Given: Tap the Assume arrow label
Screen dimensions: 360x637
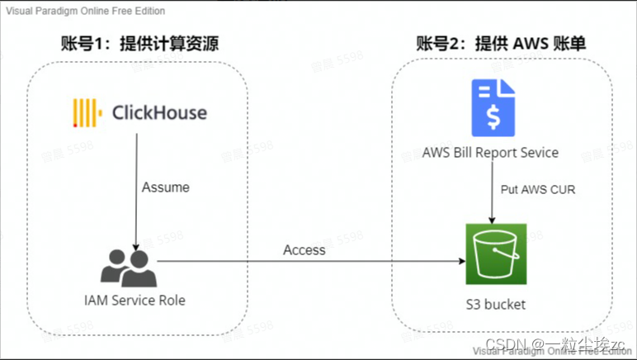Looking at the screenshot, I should click(x=166, y=187).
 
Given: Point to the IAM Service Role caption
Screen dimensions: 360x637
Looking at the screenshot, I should click(x=134, y=300).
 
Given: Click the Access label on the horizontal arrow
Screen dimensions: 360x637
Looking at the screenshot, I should click(x=304, y=249).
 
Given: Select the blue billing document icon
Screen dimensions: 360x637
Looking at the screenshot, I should click(x=493, y=107).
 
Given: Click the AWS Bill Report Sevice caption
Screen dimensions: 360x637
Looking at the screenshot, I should click(x=490, y=153).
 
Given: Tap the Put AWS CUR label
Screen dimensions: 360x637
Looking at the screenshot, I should click(x=538, y=189).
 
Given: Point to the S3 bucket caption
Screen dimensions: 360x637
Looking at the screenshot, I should click(x=493, y=305).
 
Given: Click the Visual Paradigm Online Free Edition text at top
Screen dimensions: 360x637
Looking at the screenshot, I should click(x=85, y=11).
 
